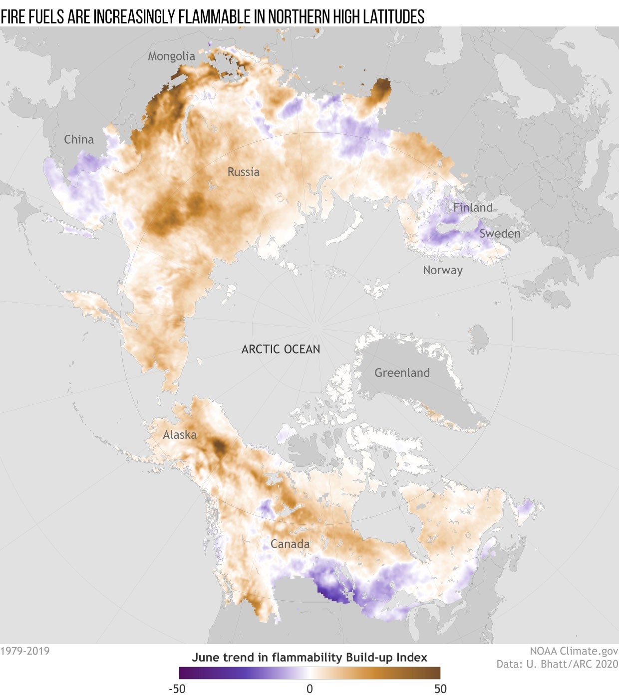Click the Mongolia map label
171,56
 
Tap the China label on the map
79,139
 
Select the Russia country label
244,172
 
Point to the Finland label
473,207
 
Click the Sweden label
500,233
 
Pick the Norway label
443,270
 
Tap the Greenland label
402,372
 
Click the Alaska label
180,435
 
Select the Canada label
290,544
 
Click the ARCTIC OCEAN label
281,349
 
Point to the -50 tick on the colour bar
177,689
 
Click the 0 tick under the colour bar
309,689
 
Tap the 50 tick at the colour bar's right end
440,689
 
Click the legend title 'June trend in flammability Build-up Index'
309,657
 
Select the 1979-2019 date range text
25,651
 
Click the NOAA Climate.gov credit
574,651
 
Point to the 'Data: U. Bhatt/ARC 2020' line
557,664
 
